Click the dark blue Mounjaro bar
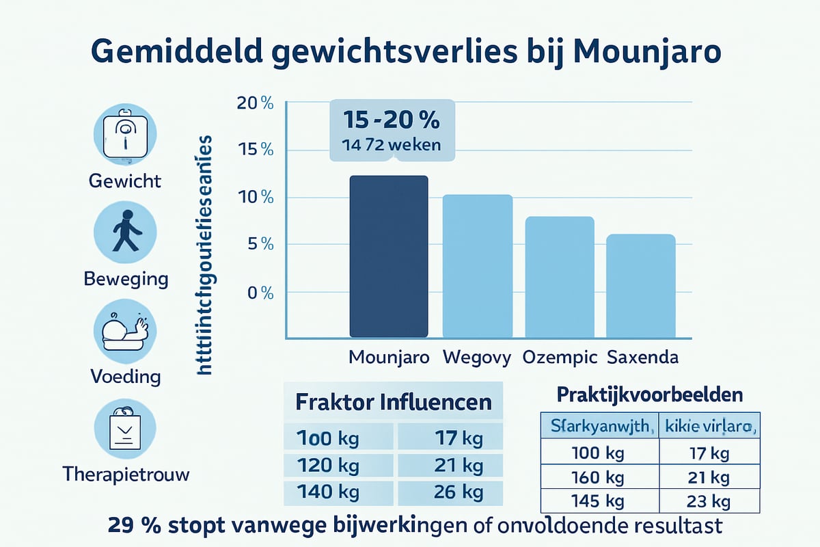[388, 256]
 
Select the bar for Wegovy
[478, 266]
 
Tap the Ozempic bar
[559, 277]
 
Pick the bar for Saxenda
[641, 286]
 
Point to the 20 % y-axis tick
[254, 103]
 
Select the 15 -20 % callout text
[391, 120]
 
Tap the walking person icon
[124, 230]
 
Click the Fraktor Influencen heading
[393, 401]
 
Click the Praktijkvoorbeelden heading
[650, 395]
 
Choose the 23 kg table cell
[709, 501]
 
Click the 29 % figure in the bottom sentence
[135, 527]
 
